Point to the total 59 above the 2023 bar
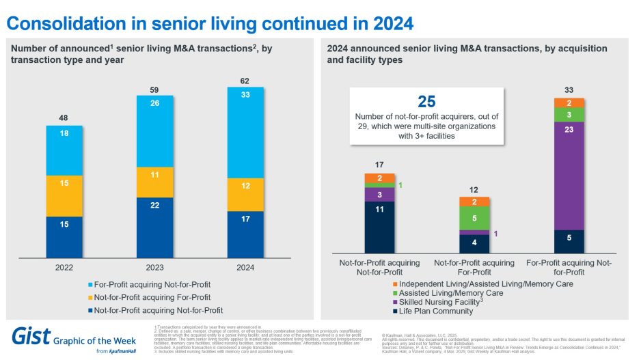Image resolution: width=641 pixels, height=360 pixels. [x=154, y=89]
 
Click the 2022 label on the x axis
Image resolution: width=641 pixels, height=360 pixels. [x=64, y=268]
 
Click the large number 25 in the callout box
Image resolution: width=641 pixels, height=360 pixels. [x=426, y=102]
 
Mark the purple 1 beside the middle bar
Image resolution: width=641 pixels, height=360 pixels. [x=494, y=233]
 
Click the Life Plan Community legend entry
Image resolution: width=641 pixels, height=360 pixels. [x=435, y=311]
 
